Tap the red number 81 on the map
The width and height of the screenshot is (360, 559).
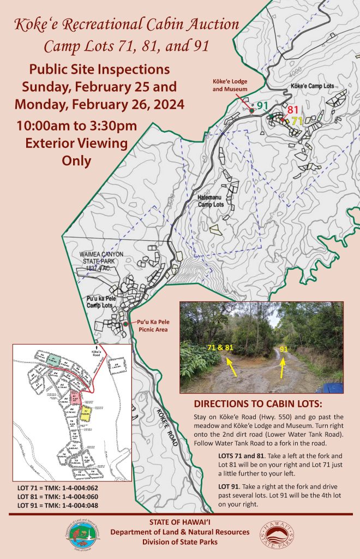[x=293, y=110]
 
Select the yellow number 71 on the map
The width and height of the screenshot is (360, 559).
[x=297, y=121]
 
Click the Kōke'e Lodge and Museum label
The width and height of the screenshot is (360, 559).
[x=230, y=84]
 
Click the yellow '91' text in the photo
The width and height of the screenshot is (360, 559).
[x=284, y=348]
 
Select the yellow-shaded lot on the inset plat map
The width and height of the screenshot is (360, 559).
[x=85, y=414]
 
